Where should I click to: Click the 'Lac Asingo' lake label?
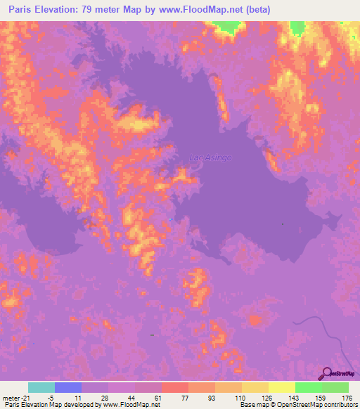coord(211,158)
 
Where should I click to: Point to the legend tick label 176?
coord(347,397)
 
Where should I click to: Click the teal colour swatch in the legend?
coord(41,387)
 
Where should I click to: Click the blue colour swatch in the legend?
coord(68,387)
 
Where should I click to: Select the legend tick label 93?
coord(214,397)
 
